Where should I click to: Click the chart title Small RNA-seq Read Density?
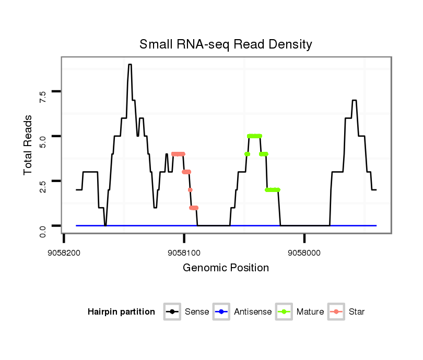pyautogui.click(x=226, y=44)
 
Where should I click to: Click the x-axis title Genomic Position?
pyautogui.click(x=226, y=268)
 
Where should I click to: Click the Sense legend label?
pyautogui.click(x=197, y=312)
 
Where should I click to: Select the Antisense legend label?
pyautogui.click(x=253, y=312)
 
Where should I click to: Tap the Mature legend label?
pyautogui.click(x=310, y=312)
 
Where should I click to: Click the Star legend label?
pyautogui.click(x=357, y=312)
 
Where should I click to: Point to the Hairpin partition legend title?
pyautogui.click(x=122, y=312)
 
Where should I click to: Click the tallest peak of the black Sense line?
pyautogui.click(x=130, y=65)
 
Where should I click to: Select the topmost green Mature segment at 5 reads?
pyautogui.click(x=254, y=136)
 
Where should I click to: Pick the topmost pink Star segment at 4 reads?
pyautogui.click(x=178, y=154)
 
